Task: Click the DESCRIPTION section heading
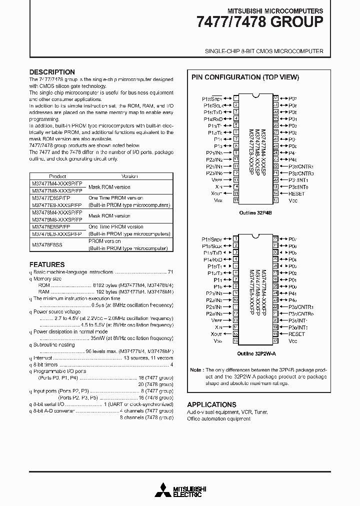[52, 72]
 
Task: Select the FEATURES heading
[47, 264]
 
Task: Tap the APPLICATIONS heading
[211, 404]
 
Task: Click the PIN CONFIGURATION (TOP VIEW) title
[245, 77]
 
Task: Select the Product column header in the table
[57, 176]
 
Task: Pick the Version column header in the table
[129, 176]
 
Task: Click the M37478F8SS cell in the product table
[50, 244]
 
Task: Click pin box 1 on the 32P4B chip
[235, 98]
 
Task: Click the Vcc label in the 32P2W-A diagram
[293, 340]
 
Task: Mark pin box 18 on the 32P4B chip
[275, 193]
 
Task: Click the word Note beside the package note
[196, 370]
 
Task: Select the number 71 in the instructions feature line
[170, 272]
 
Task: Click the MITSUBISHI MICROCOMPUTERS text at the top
[275, 10]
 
